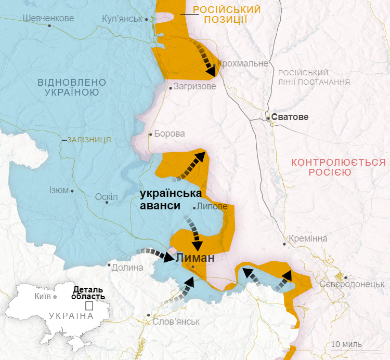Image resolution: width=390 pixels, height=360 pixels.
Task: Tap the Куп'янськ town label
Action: [x=122, y=19]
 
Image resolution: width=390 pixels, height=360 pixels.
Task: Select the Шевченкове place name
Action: [x=48, y=18]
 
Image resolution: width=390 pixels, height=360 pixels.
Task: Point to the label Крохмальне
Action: [x=243, y=63]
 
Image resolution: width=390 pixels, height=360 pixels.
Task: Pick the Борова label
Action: [x=170, y=134]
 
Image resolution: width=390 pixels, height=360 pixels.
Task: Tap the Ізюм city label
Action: [x=59, y=190]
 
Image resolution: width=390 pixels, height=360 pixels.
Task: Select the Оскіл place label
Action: [x=107, y=197]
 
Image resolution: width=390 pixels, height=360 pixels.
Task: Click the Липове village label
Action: [x=212, y=206]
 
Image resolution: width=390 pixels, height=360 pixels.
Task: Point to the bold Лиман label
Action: [x=195, y=258]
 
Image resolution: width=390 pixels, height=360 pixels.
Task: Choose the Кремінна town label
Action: [x=309, y=238]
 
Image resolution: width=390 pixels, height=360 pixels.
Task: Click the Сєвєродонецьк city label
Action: [x=352, y=284]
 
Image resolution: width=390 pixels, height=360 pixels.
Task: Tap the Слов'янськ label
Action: [x=176, y=322]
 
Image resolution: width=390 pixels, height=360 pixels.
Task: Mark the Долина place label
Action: [x=127, y=268]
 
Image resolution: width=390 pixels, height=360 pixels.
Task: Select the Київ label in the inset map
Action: [x=42, y=297]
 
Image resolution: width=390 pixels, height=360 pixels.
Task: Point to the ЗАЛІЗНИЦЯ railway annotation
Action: [x=89, y=140]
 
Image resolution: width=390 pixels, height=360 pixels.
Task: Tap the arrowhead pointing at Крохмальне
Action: [x=211, y=70]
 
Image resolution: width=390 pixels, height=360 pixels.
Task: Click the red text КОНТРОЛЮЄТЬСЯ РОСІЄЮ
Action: [x=339, y=167]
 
